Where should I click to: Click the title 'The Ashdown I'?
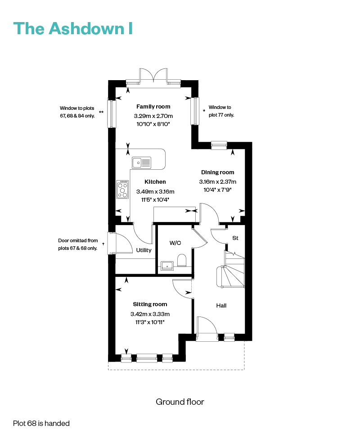(73, 28)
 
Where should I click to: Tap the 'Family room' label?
(153, 107)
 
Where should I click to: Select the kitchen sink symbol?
(142, 163)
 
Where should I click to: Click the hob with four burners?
(122, 190)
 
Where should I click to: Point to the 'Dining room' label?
(218, 172)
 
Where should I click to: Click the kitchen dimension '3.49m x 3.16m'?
(155, 192)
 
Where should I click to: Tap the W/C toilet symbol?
(182, 260)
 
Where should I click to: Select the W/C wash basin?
(167, 266)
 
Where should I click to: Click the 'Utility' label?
(144, 250)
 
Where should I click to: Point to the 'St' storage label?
(235, 238)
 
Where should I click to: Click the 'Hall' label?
(221, 306)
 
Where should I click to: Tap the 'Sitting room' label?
(150, 304)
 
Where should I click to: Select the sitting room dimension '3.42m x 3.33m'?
(150, 314)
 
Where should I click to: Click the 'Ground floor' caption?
(180, 402)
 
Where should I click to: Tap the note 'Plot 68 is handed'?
(41, 423)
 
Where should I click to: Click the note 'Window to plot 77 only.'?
(221, 111)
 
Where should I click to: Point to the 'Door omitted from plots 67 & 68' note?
(78, 244)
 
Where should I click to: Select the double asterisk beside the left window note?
(101, 112)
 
